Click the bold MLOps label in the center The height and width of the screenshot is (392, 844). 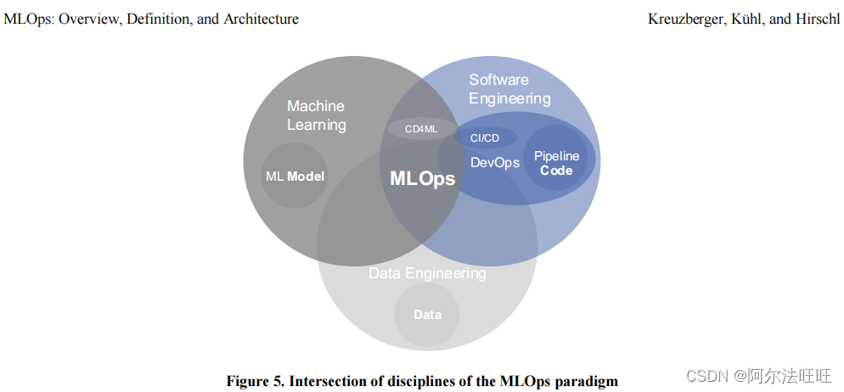422,179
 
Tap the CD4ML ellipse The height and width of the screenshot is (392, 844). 421,129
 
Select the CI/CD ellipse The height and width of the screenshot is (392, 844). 486,137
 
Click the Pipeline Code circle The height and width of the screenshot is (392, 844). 556,163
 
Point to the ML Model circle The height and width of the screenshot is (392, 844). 295,176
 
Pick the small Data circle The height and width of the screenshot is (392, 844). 427,315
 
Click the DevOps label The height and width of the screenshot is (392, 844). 494,162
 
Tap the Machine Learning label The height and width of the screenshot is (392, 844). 316,115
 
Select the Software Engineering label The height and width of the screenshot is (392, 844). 509,88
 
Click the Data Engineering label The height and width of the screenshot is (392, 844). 427,273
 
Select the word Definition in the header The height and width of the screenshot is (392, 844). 162,18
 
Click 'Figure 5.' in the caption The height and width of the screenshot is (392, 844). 255,380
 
